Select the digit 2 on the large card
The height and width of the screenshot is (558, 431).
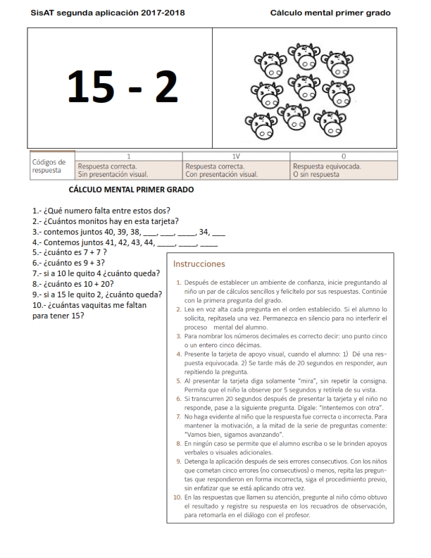point(165,86)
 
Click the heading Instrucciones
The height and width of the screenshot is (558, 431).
point(199,264)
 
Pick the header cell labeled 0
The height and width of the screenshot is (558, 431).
point(344,155)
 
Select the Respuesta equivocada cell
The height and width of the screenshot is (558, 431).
point(327,167)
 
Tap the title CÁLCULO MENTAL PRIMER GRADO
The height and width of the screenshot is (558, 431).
point(131,190)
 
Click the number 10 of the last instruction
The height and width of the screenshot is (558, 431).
point(177,498)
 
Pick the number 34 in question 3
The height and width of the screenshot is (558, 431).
point(205,230)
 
